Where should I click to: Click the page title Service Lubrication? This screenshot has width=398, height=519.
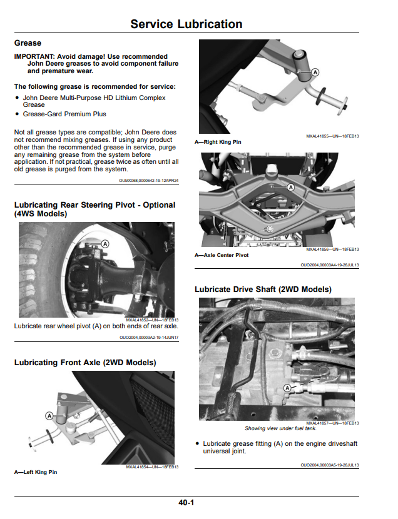pos(186,24)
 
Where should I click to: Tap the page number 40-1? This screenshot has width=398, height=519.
pos(186,503)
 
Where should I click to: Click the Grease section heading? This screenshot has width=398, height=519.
pos(28,43)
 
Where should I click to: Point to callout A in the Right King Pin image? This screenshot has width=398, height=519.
pos(315,72)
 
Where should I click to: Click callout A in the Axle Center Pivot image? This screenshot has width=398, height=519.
pos(291,188)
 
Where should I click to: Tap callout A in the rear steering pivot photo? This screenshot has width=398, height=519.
pos(105,244)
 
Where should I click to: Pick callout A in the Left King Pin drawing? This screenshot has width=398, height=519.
pos(49,416)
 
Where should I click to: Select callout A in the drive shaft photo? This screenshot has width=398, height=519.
pos(287,388)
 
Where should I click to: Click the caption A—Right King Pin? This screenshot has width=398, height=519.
pos(218,142)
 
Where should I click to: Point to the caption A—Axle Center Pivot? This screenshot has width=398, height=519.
pos(222,255)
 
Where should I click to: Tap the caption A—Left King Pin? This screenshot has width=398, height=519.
pos(36,472)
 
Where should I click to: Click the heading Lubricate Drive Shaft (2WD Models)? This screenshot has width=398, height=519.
pos(263,290)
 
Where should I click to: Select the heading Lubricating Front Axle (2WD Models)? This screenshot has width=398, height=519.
pos(85,363)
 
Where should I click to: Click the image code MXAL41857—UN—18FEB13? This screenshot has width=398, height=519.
pos(332,423)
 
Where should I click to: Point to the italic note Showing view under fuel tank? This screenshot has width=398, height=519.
pos(280,428)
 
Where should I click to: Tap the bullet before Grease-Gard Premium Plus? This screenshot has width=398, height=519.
pos(18,114)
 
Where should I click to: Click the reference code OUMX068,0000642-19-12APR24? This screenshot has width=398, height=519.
pos(149,181)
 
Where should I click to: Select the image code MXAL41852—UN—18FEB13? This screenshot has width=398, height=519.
pos(152,320)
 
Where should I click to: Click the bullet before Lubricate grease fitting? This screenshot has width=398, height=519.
pos(197,443)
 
